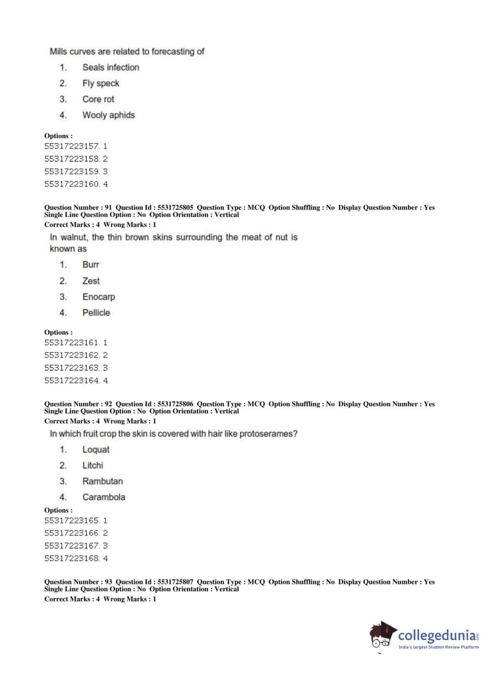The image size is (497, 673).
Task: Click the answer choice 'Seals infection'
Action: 110,67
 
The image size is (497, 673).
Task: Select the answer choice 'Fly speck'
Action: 100,83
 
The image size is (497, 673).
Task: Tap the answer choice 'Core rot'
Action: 98,99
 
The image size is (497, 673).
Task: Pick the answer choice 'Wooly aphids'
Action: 108,115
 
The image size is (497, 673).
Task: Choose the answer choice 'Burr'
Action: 90,265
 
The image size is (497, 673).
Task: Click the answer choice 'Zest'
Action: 91,281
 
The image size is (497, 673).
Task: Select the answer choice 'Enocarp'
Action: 98,297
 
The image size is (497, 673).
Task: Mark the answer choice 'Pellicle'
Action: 96,313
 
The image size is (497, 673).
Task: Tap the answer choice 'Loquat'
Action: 95,450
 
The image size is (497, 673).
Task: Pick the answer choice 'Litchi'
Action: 92,466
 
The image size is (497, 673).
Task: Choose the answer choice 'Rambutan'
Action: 102,481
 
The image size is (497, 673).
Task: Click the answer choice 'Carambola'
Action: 103,497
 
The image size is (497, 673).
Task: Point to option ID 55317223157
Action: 71,146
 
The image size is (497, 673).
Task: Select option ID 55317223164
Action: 71,381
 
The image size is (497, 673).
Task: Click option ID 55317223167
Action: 71,546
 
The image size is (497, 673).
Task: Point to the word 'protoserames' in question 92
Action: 268,434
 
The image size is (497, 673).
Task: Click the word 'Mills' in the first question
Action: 58,52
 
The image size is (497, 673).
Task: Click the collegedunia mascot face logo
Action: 382,636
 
